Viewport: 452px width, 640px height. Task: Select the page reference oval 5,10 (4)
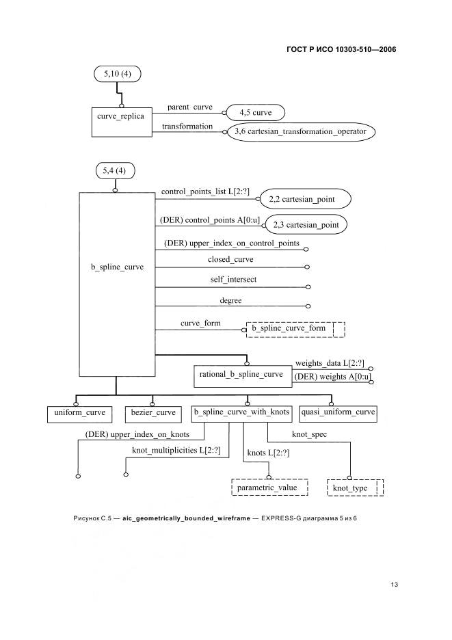coord(118,74)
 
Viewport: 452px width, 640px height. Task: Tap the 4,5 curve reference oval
coord(255,113)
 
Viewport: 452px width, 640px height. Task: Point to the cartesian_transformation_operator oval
coord(300,132)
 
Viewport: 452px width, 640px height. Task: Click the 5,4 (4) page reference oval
coord(115,171)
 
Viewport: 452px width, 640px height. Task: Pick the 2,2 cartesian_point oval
coord(306,199)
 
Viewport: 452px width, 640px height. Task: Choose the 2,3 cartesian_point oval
coord(306,224)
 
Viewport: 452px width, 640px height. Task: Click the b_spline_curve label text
coord(117,267)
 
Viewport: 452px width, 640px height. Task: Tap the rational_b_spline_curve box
coord(243,375)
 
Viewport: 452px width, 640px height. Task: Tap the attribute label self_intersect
coord(234,280)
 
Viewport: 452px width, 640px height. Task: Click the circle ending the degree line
coord(308,306)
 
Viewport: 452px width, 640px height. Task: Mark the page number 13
coord(394,585)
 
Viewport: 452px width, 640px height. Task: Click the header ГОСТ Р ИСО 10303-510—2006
coord(341,49)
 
